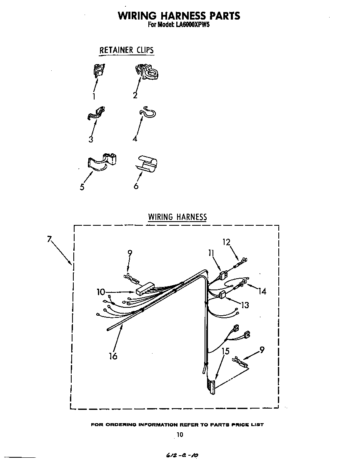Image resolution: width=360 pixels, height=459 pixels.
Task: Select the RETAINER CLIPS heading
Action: [x=126, y=50]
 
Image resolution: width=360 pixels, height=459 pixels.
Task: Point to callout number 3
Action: [x=90, y=140]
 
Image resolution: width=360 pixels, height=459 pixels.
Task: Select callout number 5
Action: [x=82, y=187]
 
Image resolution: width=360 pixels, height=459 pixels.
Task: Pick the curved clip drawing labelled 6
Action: [x=146, y=164]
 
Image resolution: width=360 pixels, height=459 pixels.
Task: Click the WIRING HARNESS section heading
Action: [x=177, y=217]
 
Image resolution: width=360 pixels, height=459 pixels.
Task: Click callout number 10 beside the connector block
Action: [x=101, y=292]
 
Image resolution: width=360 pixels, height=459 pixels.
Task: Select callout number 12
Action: [x=226, y=242]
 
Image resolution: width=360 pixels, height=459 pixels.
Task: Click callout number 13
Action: [x=245, y=305]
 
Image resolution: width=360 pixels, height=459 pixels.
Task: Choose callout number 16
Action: [x=112, y=356]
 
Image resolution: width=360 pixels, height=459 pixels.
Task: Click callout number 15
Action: [x=225, y=352]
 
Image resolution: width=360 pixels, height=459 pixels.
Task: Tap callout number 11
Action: [x=211, y=252]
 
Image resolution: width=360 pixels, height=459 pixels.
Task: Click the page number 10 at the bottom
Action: [x=180, y=435]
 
